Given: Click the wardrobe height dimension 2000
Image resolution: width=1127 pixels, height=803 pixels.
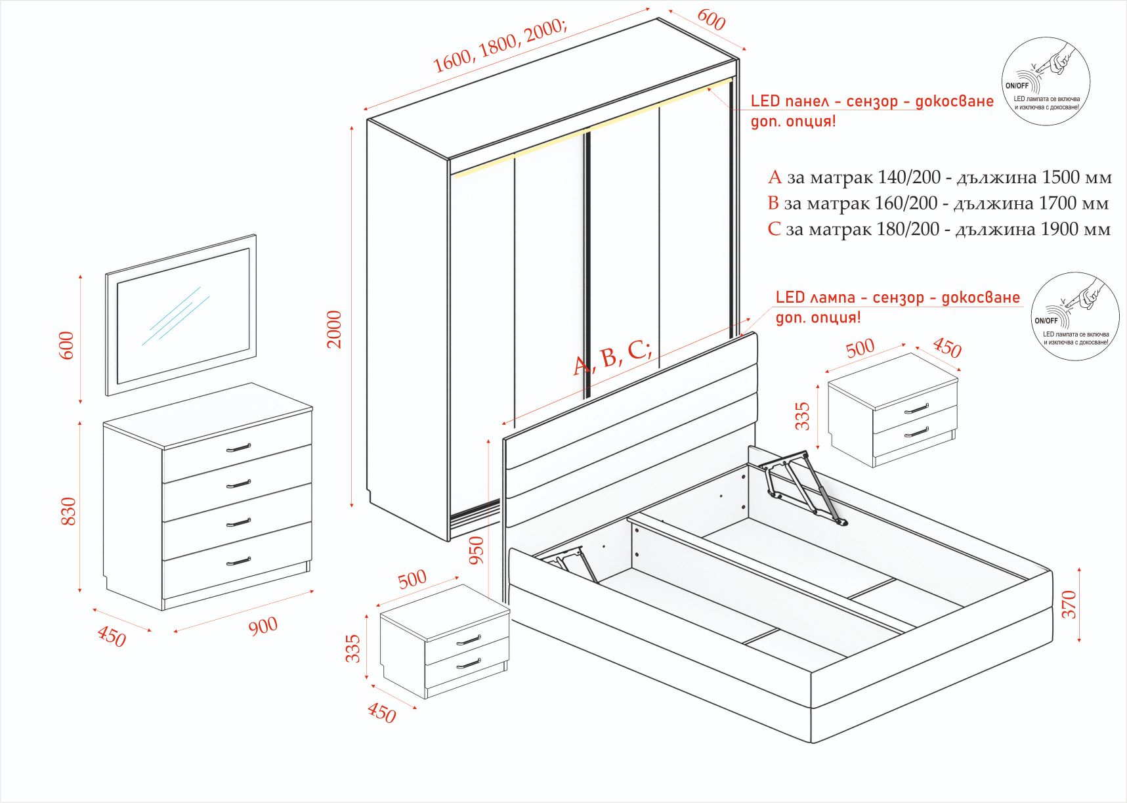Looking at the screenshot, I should [x=335, y=329].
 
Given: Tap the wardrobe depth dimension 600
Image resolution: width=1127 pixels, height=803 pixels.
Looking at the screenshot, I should [x=711, y=20].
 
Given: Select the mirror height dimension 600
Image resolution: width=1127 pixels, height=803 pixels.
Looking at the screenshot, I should [x=67, y=345].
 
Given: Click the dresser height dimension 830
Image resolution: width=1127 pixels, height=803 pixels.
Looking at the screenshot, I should [x=68, y=511].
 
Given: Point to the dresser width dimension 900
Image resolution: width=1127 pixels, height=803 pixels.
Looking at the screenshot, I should [x=263, y=626].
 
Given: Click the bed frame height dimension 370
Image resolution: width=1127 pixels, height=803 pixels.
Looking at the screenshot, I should [x=1069, y=604].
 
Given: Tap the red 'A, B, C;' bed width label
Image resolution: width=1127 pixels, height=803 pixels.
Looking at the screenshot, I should [x=612, y=357].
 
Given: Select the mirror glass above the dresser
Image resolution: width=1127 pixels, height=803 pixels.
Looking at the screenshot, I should [x=182, y=316].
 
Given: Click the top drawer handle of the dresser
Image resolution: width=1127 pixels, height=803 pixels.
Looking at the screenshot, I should [x=238, y=448].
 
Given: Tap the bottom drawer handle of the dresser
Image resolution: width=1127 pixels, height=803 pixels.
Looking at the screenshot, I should [x=238, y=562].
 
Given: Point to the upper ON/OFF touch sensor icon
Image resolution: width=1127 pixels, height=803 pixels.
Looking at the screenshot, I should [x=1046, y=81].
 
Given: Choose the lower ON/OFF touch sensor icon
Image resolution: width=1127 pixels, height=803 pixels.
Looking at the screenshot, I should [x=1074, y=316].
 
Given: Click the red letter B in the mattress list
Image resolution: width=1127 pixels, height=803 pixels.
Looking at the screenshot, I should [x=773, y=204].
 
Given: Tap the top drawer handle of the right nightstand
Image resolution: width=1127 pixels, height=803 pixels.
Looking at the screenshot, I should [x=916, y=409].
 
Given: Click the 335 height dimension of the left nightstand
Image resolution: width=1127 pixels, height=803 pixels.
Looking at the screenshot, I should [x=353, y=648].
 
